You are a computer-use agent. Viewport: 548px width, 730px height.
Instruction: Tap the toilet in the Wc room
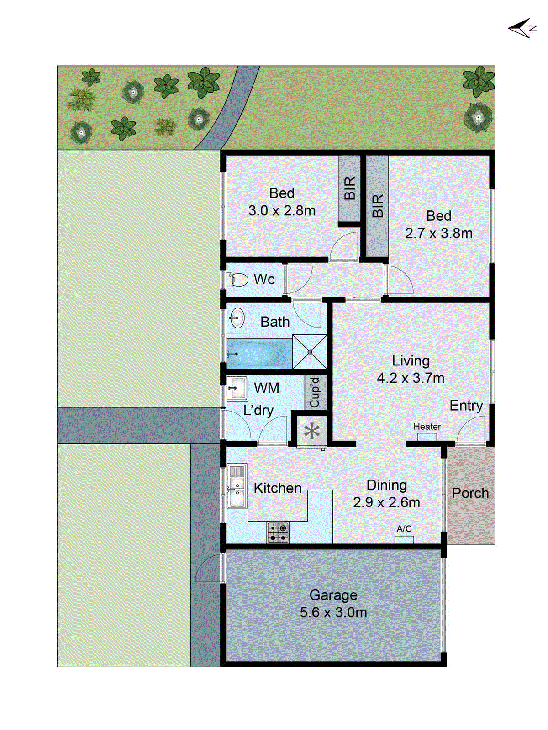tap(237, 279)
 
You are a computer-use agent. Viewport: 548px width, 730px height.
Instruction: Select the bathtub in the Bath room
tap(258, 354)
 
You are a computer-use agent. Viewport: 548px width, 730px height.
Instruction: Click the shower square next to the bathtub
tap(310, 352)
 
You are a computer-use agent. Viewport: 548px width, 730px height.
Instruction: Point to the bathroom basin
tap(237, 318)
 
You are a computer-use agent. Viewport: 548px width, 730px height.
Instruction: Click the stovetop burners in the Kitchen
tap(278, 532)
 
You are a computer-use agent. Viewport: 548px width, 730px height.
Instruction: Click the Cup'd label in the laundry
tap(315, 392)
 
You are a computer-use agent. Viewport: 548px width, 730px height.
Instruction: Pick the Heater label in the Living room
tap(427, 427)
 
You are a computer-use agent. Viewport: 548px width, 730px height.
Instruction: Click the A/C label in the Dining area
tap(404, 529)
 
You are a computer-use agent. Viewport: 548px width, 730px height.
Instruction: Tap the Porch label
tap(470, 493)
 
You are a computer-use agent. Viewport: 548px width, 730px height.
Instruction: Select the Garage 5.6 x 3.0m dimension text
tap(333, 612)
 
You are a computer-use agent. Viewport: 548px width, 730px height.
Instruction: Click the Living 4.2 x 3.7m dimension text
tap(411, 378)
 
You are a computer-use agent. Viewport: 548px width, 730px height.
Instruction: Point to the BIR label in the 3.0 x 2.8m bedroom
tap(349, 188)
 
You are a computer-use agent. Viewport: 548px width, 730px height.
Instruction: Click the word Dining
tap(386, 485)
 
